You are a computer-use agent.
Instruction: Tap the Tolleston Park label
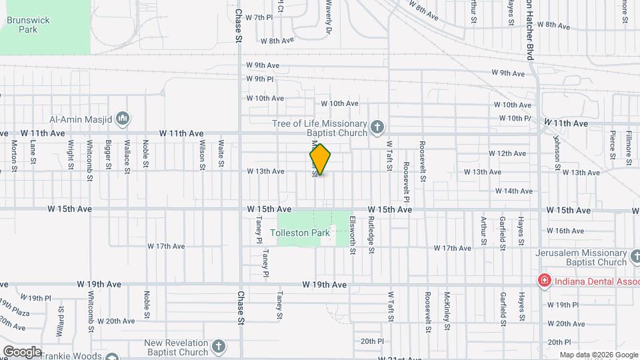pyautogui.click(x=301, y=233)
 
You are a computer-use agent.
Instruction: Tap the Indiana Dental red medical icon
pyautogui.click(x=545, y=280)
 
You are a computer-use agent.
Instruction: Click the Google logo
pyautogui.click(x=21, y=351)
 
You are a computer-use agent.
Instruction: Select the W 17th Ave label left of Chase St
pyautogui.click(x=166, y=246)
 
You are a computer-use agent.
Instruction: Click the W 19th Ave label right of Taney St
pyautogui.click(x=325, y=285)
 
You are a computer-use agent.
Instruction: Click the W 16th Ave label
pyautogui.click(x=569, y=231)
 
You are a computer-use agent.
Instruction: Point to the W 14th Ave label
pyautogui.click(x=514, y=191)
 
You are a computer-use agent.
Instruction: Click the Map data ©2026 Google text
pyautogui.click(x=597, y=355)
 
